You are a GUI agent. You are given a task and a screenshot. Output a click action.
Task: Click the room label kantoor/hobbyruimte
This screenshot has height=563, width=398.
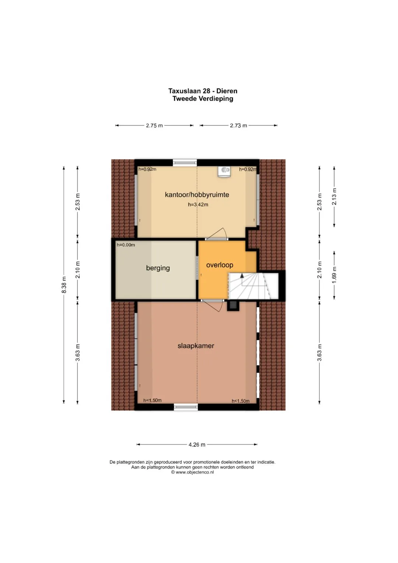point(197,195)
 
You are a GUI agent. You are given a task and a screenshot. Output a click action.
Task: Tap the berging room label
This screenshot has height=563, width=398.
point(158,268)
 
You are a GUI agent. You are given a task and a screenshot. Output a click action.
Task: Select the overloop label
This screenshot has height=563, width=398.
point(220,265)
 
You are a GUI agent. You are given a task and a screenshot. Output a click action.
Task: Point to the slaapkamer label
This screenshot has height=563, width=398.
point(196,345)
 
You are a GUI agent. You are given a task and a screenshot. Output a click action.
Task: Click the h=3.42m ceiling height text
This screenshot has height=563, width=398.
point(198,205)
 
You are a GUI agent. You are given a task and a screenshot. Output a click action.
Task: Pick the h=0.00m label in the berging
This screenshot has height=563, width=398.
point(126,245)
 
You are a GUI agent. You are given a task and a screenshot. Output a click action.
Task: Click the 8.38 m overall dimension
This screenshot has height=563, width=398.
point(64,285)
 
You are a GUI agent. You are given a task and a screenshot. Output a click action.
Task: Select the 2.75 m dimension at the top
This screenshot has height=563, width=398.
point(154,125)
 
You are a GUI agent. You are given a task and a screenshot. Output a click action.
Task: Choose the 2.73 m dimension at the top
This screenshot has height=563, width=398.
point(238,125)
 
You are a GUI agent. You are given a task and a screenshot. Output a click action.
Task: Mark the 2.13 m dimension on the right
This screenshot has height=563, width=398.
point(334,197)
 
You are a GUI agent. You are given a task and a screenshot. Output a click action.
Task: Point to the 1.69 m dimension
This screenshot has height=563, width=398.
point(334,275)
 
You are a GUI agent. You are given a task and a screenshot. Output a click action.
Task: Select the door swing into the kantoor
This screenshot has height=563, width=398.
point(219,233)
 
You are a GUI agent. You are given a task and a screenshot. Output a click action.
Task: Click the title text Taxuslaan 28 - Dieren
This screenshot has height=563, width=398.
point(203,91)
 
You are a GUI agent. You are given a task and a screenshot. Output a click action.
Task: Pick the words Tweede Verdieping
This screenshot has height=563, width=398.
point(203,98)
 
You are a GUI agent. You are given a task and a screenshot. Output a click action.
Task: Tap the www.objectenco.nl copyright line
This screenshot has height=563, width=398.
point(192,472)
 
